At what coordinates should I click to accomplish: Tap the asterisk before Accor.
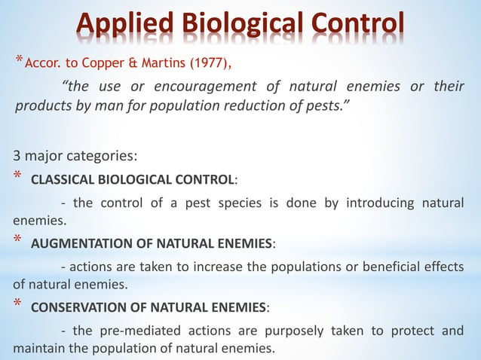[x=20, y=59]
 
